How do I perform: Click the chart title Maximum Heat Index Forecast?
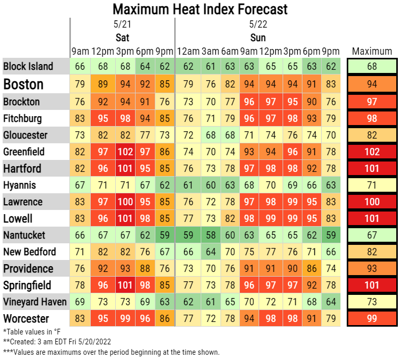[x=200, y=9]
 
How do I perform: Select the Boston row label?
[x=23, y=84]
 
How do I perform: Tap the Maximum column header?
[x=372, y=51]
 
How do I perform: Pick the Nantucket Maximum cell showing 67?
[x=372, y=235]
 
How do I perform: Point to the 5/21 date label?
[x=121, y=24]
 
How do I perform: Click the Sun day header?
[x=258, y=38]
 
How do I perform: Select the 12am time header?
[x=188, y=51]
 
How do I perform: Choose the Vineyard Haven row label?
[x=35, y=302]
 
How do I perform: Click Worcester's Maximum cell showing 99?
[x=372, y=318]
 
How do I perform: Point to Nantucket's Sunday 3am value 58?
[x=210, y=235]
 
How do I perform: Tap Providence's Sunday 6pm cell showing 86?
[x=311, y=268]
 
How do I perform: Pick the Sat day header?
[x=122, y=38]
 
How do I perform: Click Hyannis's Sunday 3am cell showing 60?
[x=210, y=185]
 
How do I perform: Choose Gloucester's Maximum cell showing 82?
[x=372, y=135]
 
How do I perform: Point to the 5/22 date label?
[x=258, y=24]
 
